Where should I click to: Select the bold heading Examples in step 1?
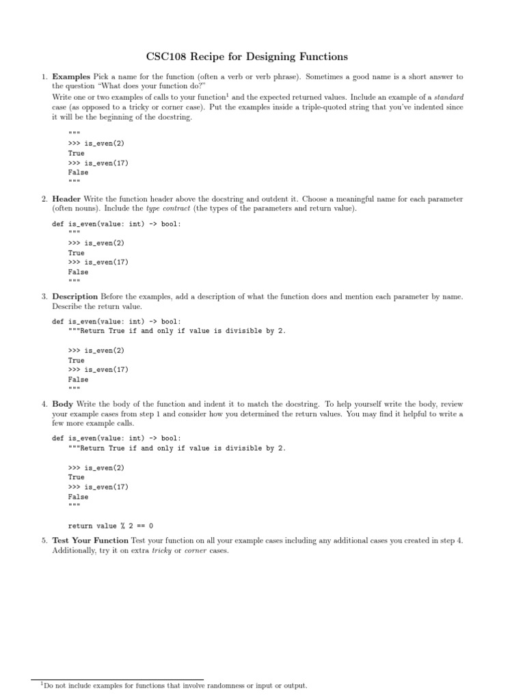70,77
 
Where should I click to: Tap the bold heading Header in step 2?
67,199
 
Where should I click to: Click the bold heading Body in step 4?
63,404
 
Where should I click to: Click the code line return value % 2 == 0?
110,526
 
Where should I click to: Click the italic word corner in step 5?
196,550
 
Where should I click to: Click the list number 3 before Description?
43,297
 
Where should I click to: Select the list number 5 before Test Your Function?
43,541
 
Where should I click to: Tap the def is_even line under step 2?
117,224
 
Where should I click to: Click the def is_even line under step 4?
117,438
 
